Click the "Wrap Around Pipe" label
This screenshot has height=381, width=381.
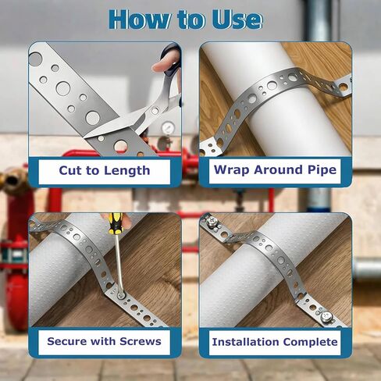point(275,170)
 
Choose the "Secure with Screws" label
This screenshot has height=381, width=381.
point(104,341)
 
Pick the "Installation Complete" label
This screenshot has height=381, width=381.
point(275,342)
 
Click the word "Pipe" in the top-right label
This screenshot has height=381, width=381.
point(319,170)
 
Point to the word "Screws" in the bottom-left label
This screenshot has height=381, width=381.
point(138,341)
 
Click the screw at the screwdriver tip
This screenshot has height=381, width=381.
point(123,296)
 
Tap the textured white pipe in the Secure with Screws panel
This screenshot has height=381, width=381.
point(62,265)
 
